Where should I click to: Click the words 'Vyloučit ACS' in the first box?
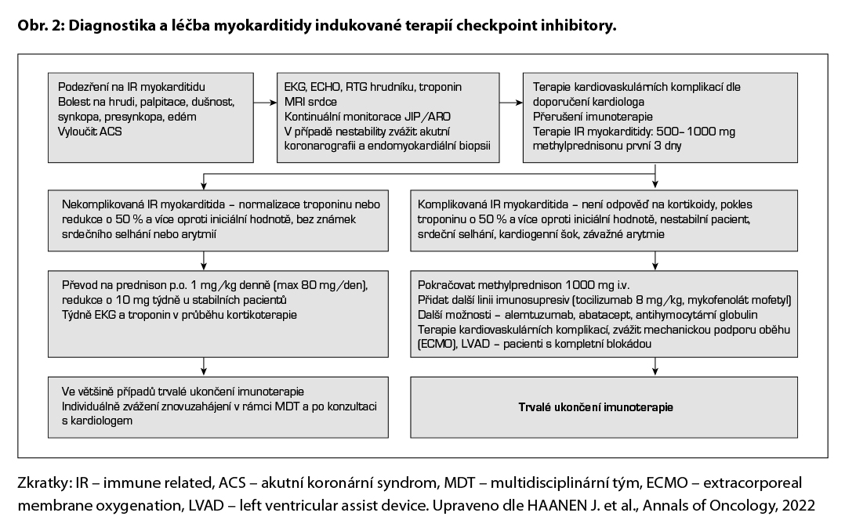(89, 131)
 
